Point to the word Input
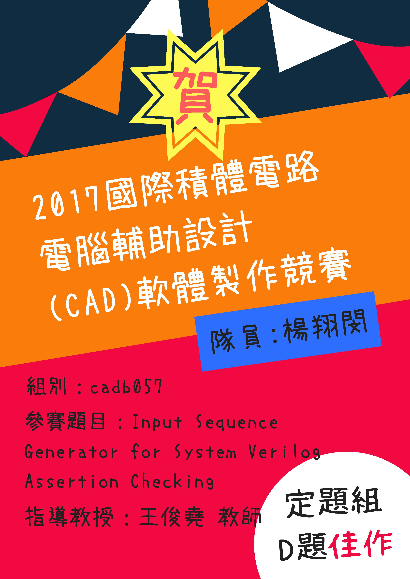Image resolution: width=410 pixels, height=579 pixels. coord(157,422)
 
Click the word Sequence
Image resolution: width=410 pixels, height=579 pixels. coord(237,422)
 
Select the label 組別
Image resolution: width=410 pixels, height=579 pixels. coord(47,386)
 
